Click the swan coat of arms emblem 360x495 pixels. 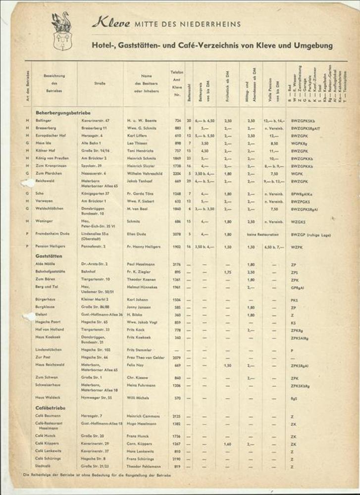pyautogui.click(x=61, y=31)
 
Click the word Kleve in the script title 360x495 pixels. pyautogui.click(x=110, y=23)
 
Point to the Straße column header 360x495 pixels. pyautogui.click(x=100, y=83)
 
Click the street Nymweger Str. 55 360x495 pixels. pyautogui.click(x=97, y=397)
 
